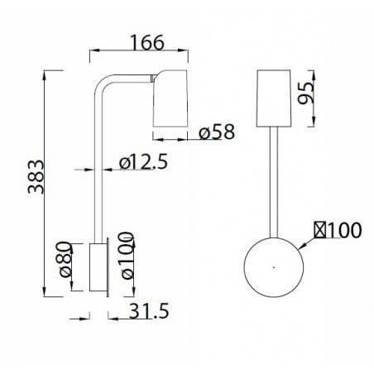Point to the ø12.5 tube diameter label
pyautogui.click(x=142, y=163)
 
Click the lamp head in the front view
pyautogui.click(x=274, y=98)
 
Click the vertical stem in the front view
pyautogui.click(x=274, y=182)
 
